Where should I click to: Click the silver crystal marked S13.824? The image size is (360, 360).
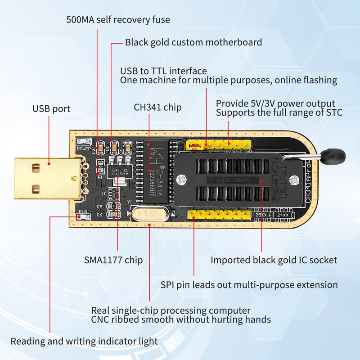pyautogui.click(x=149, y=214)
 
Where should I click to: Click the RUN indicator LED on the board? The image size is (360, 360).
pyautogui.click(x=84, y=217)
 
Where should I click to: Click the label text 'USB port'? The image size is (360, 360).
pyautogui.click(x=51, y=109)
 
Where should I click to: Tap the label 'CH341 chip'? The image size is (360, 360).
pyautogui.click(x=157, y=107)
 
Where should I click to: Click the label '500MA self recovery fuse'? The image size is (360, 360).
pyautogui.click(x=118, y=20)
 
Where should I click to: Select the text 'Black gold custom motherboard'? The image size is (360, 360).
pyautogui.click(x=193, y=42)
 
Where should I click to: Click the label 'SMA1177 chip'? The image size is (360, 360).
pyautogui.click(x=113, y=260)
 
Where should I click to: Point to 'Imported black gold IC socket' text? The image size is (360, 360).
pyautogui.click(x=274, y=260)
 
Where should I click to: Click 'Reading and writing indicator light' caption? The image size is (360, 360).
pyautogui.click(x=84, y=341)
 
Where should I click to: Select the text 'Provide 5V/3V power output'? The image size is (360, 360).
pyautogui.click(x=275, y=103)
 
